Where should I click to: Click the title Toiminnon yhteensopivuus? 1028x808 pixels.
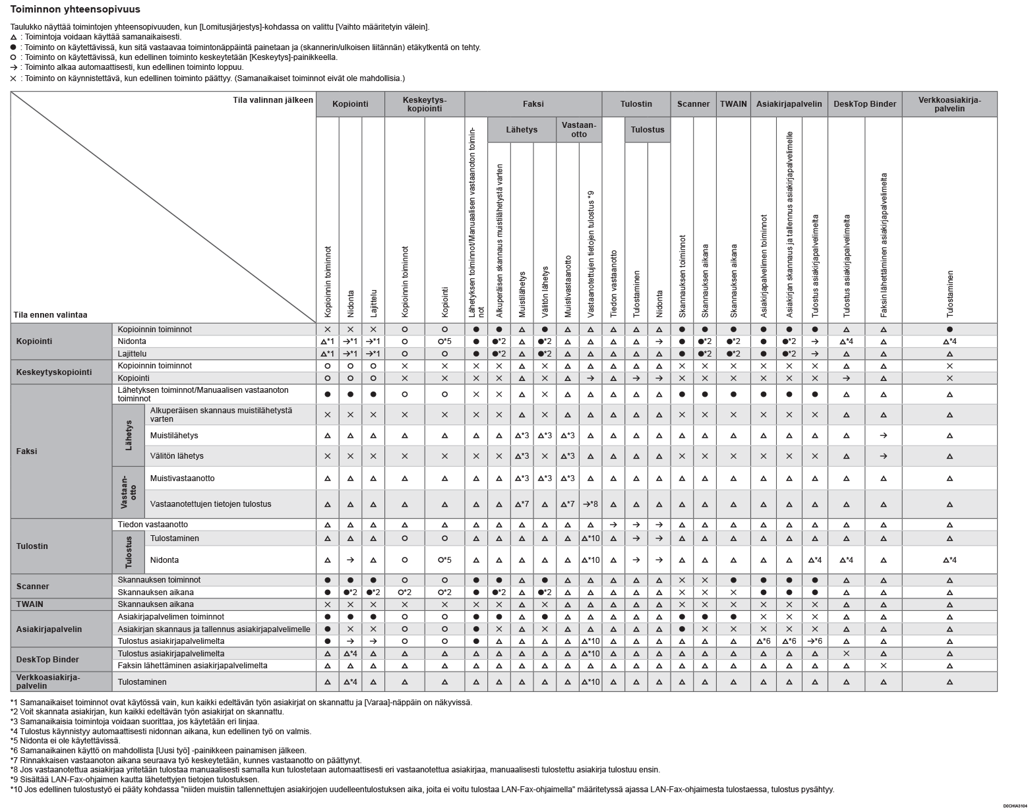pyautogui.click(x=75, y=10)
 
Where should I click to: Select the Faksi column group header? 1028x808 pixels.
pyautogui.click(x=533, y=104)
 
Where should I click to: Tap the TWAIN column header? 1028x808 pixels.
pyautogui.click(x=733, y=104)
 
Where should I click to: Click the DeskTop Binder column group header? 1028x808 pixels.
pyautogui.click(x=864, y=104)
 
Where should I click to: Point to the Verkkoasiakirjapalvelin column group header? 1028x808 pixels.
pyautogui.click(x=949, y=104)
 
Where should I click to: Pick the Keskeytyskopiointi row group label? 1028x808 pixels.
pyautogui.click(x=54, y=372)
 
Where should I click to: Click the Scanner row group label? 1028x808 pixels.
pyautogui.click(x=33, y=586)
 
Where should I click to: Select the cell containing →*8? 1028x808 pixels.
pyautogui.click(x=590, y=504)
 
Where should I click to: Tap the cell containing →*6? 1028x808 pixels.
pyautogui.click(x=815, y=641)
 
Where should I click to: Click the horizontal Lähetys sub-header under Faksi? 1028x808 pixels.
pyautogui.click(x=522, y=130)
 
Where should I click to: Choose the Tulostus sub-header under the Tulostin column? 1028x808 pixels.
pyautogui.click(x=647, y=130)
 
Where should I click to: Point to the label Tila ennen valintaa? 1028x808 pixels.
pyautogui.click(x=50, y=315)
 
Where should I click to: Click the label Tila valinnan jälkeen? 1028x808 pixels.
pyautogui.click(x=273, y=100)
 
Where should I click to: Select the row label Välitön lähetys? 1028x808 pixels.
pyautogui.click(x=177, y=456)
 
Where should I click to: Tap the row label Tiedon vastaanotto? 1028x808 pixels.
pyautogui.click(x=153, y=525)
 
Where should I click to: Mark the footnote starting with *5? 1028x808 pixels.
pyautogui.click(x=65, y=740)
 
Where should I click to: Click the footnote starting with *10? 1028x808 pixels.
pyautogui.click(x=422, y=790)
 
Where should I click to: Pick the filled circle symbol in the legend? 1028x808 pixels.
pyautogui.click(x=14, y=47)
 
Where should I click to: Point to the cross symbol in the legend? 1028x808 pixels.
pyautogui.click(x=14, y=78)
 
